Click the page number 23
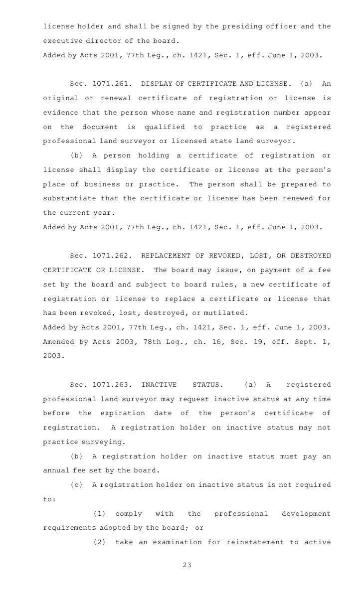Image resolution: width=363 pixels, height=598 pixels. click(x=187, y=565)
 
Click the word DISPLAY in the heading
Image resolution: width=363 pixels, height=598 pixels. click(x=159, y=84)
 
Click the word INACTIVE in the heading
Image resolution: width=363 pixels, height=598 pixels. click(x=159, y=385)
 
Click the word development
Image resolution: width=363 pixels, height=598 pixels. click(x=306, y=514)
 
